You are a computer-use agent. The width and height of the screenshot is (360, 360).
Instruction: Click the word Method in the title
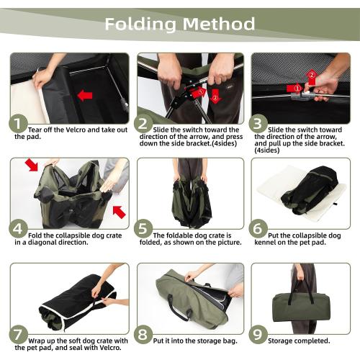[218, 24]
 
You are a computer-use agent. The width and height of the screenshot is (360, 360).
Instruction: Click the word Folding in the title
[140, 24]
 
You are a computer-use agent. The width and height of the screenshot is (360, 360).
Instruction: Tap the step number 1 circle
[18, 123]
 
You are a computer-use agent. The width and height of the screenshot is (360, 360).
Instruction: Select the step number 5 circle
[143, 228]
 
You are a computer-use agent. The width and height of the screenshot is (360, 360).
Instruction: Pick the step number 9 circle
[258, 334]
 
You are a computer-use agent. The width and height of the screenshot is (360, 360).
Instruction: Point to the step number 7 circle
[19, 334]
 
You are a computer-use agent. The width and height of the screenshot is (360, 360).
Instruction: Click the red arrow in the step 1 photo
[85, 96]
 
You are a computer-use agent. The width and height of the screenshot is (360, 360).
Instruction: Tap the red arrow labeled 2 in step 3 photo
[312, 77]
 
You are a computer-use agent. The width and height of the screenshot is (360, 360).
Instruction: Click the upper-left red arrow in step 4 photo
[32, 164]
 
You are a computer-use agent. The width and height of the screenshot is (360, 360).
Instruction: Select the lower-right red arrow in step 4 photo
[120, 212]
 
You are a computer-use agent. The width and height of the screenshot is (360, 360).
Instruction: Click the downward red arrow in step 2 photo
[215, 96]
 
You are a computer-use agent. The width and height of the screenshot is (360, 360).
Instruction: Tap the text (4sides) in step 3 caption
[267, 150]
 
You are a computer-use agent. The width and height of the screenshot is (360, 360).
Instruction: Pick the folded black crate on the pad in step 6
[310, 190]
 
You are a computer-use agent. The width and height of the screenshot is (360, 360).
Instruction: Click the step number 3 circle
[258, 123]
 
